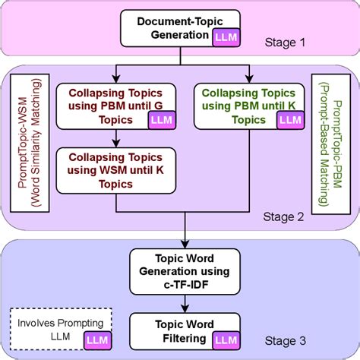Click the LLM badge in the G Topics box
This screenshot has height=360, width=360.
(x=160, y=119)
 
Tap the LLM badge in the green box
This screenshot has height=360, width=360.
(x=288, y=119)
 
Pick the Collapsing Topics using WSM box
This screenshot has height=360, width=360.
(x=114, y=169)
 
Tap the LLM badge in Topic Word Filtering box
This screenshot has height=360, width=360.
(x=226, y=338)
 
